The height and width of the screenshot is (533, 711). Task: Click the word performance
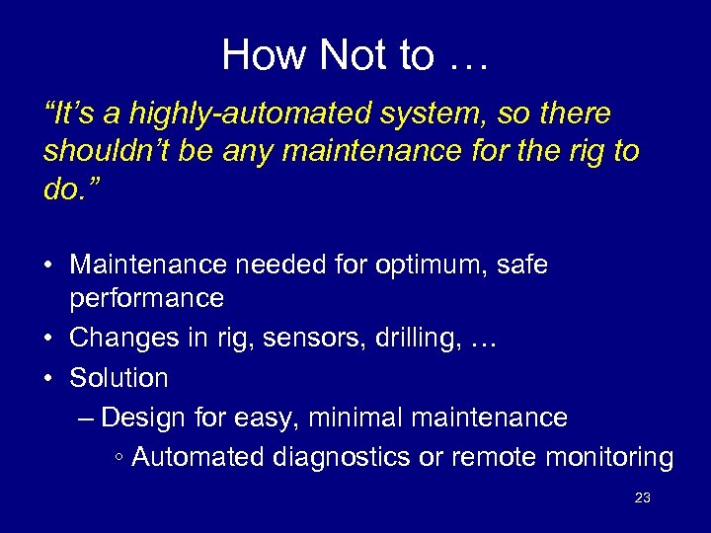pos(147,297)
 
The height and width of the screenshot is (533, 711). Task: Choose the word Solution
pos(118,377)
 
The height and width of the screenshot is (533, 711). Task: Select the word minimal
pos(345,418)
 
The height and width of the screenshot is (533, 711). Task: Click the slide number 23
pos(642,497)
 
